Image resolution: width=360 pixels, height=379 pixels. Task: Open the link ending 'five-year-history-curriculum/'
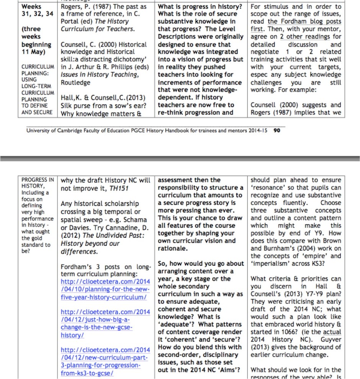coord(103,297)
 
